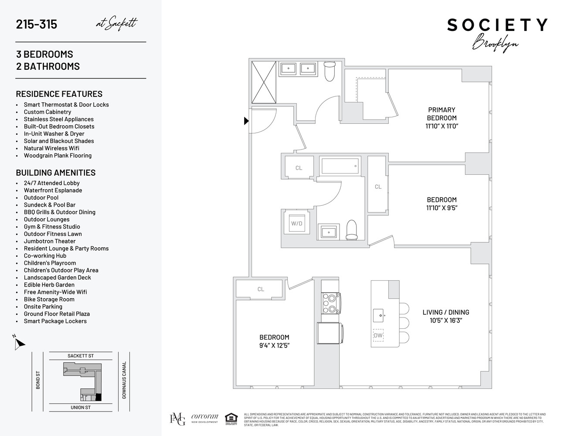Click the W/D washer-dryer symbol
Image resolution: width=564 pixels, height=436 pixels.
(x=297, y=223)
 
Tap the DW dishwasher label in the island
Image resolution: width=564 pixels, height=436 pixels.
(x=378, y=335)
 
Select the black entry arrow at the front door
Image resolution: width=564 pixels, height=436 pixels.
(x=246, y=121)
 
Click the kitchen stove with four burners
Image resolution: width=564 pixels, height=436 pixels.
(x=331, y=303)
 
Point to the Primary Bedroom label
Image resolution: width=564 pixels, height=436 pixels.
(x=442, y=114)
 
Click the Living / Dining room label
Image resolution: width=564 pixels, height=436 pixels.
(x=445, y=312)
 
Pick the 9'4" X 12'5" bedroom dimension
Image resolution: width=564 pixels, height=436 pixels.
(x=274, y=345)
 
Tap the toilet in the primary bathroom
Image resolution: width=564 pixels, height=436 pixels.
(x=330, y=71)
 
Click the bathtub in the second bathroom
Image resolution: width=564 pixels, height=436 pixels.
(x=340, y=166)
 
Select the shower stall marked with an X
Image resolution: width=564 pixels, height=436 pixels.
(x=264, y=82)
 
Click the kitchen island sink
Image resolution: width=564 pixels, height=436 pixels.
(x=380, y=316)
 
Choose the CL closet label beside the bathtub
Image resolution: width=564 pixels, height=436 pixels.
(x=299, y=168)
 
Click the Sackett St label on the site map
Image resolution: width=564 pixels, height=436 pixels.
(x=81, y=356)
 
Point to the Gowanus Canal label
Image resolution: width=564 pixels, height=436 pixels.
(x=124, y=380)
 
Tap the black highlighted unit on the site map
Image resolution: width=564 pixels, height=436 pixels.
(x=99, y=397)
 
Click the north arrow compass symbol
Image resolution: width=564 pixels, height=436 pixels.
(x=19, y=343)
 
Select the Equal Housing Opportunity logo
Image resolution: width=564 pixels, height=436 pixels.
(x=231, y=419)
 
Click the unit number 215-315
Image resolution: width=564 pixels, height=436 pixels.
(x=36, y=24)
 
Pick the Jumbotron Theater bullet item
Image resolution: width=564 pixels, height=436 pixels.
(x=50, y=241)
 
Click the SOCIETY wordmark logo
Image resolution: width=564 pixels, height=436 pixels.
(x=497, y=25)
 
